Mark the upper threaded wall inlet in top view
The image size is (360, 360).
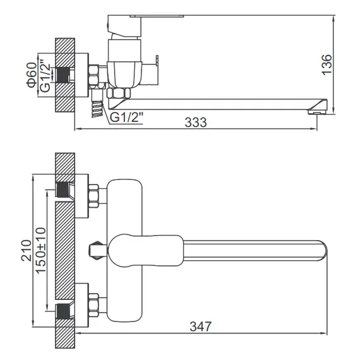point(63,188)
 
